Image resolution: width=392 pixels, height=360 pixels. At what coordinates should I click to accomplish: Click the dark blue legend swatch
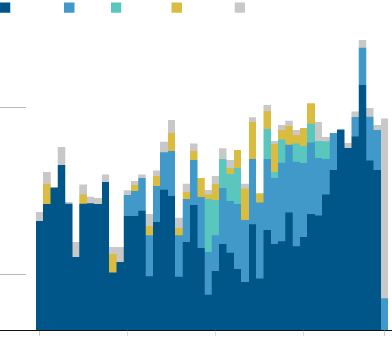5,7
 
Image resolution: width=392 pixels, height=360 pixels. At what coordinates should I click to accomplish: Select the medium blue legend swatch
69,7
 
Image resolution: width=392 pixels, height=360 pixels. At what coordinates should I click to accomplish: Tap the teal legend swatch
116,7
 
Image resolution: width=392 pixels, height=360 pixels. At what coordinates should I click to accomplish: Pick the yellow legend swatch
177,7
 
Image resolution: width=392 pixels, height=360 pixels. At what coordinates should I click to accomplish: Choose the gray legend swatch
240,7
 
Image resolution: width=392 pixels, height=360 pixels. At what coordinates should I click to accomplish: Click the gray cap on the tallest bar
363,44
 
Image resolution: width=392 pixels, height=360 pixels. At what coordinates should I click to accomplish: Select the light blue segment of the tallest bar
363,66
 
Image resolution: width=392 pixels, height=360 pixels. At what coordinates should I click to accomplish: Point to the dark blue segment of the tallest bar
363,206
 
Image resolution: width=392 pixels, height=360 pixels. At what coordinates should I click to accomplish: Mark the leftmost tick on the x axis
39,333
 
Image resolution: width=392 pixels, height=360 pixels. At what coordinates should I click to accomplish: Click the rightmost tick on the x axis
384,333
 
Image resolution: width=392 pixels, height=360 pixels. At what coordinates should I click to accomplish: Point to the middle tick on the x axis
216,333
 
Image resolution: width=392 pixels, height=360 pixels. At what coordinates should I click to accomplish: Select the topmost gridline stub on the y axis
13,52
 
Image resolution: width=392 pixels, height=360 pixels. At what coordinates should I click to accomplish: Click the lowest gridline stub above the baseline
13,274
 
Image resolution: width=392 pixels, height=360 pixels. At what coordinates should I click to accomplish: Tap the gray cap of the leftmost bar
39,217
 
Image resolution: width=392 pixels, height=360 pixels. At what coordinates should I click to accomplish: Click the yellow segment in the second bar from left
46,194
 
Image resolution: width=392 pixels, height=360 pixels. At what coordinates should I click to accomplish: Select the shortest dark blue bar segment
208,312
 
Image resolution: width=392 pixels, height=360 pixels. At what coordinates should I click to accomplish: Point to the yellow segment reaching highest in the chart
311,113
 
